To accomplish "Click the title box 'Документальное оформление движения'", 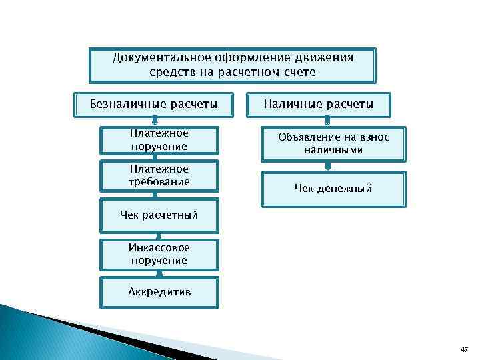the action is coord(233,64).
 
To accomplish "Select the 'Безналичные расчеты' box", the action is coord(154,104).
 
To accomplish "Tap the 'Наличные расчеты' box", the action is coord(318,104).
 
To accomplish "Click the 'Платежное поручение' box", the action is coord(159,140).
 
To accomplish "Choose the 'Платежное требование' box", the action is coord(159,175).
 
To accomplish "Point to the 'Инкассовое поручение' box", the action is coord(159,253).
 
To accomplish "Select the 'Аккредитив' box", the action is coord(159,291).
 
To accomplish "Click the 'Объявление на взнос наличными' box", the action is coord(333,143).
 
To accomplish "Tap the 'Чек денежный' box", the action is coord(333,189).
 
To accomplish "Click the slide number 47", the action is coord(464,350).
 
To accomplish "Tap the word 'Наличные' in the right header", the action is coord(291,104).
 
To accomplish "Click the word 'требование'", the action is coord(159,181).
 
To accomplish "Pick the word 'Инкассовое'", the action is coord(159,247).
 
